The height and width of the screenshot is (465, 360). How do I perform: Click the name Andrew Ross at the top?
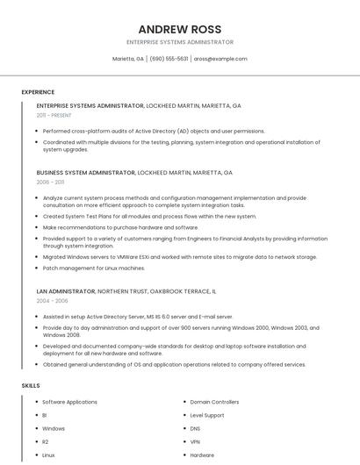point(180,29)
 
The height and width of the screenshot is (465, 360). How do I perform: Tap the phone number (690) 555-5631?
point(169,59)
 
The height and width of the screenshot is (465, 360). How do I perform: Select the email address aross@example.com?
point(220,59)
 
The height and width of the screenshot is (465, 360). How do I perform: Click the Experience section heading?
point(38,92)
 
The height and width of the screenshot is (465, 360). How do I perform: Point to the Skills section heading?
point(31,385)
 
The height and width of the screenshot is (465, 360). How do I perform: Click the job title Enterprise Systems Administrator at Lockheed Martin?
point(90,105)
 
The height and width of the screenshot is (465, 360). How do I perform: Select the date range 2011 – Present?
point(54,115)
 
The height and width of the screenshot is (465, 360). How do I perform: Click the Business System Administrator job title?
point(86,173)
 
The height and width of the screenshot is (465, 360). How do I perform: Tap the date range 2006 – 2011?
point(50,182)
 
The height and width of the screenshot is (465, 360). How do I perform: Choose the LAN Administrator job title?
point(66,290)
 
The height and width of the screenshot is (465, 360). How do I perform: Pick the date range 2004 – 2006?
point(52,300)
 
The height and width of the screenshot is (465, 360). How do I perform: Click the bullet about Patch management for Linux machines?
point(94,268)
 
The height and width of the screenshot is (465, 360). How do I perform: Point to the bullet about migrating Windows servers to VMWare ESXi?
point(180,257)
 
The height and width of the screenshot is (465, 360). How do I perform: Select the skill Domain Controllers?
point(214,402)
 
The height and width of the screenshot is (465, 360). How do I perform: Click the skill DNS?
point(195,429)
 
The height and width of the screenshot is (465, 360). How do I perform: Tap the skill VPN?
point(195,442)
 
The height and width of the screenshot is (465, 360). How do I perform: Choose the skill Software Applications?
point(70,402)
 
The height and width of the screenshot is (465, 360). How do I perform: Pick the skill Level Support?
point(207,415)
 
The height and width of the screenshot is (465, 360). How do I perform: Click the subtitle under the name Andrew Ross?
point(180,42)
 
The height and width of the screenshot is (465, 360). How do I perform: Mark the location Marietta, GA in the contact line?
point(128,59)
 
